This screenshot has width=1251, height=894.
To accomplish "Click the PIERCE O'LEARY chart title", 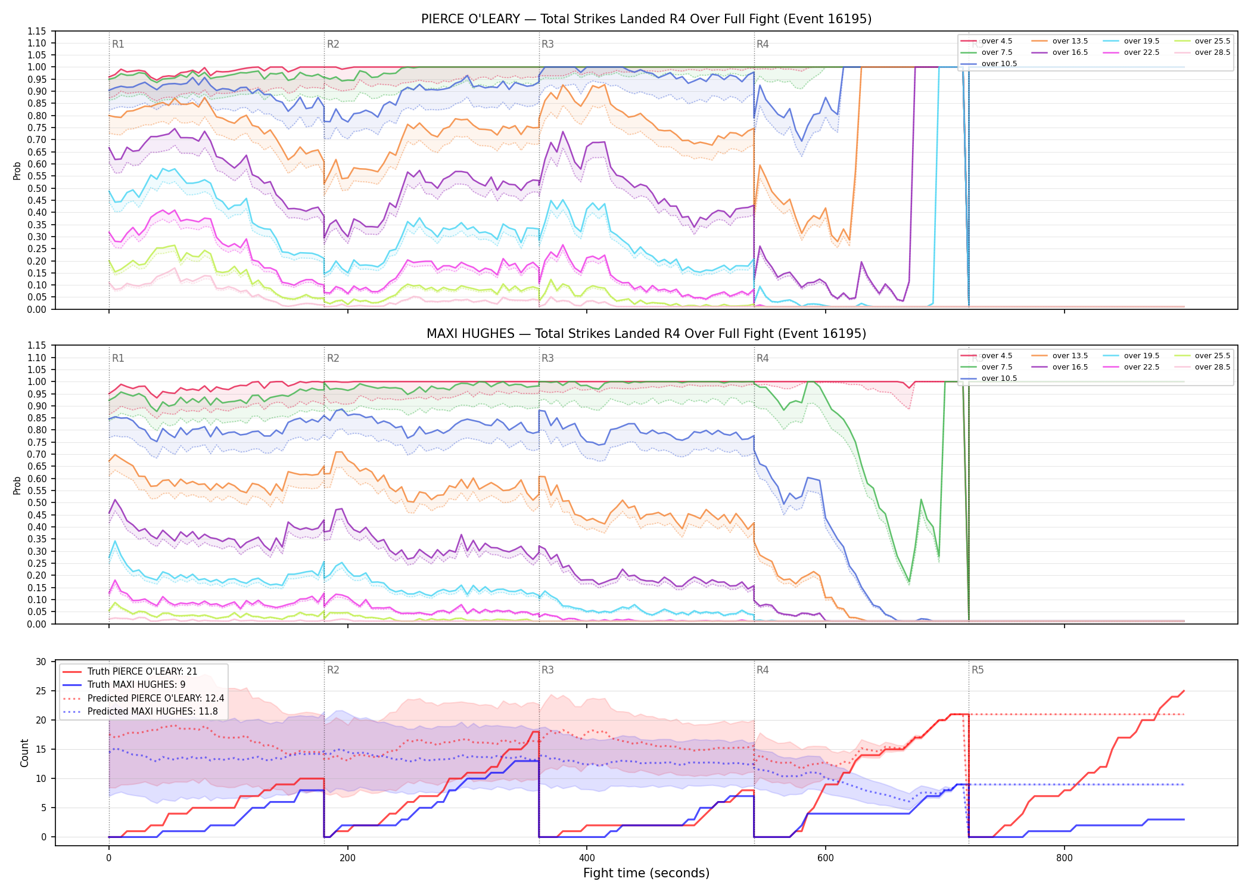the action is [x=646, y=19].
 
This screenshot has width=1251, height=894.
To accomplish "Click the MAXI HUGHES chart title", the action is [x=646, y=334].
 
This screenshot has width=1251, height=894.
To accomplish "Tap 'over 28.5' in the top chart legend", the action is [x=1212, y=52].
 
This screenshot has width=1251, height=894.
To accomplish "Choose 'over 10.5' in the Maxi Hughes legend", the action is [x=999, y=378].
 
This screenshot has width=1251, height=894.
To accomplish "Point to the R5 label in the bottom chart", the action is [x=978, y=670].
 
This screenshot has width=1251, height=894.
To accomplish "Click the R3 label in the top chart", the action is [x=547, y=44].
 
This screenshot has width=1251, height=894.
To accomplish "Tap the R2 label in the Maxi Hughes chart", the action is [x=333, y=358].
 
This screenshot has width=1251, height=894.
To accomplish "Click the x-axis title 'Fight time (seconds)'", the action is [x=646, y=873].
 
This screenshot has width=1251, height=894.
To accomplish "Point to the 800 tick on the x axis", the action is [x=1065, y=858].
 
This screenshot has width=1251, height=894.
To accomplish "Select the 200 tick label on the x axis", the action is [x=347, y=858].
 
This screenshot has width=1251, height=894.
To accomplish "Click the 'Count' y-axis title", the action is [x=24, y=753].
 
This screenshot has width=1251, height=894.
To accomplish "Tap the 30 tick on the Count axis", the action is [x=41, y=662].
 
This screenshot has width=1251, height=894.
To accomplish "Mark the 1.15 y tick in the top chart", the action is [x=36, y=31].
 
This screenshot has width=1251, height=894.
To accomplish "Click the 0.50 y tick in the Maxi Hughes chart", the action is [x=36, y=503].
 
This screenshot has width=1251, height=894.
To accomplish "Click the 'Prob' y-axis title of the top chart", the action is [x=17, y=171].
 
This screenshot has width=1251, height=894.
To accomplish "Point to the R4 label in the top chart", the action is [x=763, y=44].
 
